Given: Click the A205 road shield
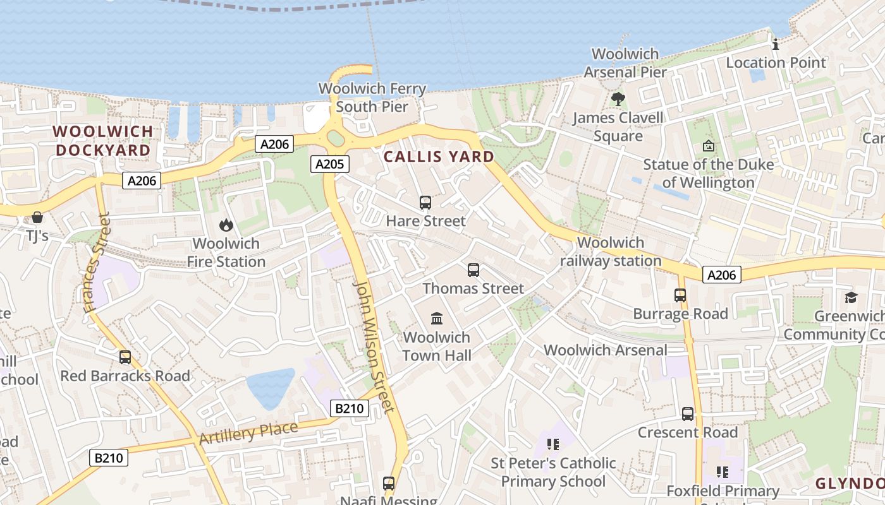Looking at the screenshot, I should tap(329, 164).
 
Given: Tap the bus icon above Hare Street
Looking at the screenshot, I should tap(425, 203).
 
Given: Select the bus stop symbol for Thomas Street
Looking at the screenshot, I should tap(473, 270).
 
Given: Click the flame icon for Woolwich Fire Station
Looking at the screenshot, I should tap(226, 225).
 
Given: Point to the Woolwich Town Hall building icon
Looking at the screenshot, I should tap(437, 318).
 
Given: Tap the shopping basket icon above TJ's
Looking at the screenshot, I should tap(37, 217).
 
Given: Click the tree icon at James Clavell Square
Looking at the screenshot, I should tap(618, 99).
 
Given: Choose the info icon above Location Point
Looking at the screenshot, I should tap(776, 44).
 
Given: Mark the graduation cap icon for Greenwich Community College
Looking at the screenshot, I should tap(851, 297).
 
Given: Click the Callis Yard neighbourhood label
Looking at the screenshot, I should tap(439, 157).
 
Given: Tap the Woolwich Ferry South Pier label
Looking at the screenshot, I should tap(372, 97).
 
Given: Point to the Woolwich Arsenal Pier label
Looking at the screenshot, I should tap(625, 63).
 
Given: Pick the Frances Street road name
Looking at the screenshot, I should tap(97, 263).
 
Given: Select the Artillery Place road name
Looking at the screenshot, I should tap(248, 433).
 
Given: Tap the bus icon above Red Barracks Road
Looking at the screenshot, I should tap(125, 357).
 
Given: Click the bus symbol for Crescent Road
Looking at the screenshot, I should tap(688, 414).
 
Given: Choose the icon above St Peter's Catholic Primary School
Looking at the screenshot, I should tap(554, 444).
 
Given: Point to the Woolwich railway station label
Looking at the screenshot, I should tap(611, 251).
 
